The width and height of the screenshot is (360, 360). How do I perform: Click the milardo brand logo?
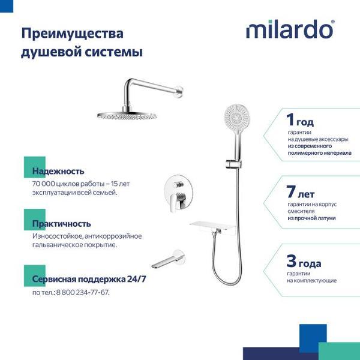point(290,29)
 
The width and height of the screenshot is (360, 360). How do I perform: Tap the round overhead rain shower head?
point(127,116)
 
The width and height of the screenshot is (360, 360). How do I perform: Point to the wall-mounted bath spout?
point(168,259)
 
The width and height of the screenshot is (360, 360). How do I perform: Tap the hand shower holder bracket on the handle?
point(233,164)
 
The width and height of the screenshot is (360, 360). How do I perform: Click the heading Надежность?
point(58,171)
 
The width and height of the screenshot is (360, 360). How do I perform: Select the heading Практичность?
point(62,224)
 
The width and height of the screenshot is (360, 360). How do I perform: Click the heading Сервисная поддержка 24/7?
point(89,279)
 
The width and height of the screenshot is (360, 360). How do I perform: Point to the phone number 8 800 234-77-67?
point(83,293)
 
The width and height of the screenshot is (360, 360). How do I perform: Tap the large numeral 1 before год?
point(290,119)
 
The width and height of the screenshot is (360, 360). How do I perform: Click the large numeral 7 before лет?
point(291,191)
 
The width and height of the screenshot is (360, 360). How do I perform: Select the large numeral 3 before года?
point(292,261)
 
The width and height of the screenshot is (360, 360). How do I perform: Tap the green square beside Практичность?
point(35,220)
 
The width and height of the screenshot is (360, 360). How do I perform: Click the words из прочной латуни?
point(311,218)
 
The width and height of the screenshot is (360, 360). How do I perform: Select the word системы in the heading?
point(114,52)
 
